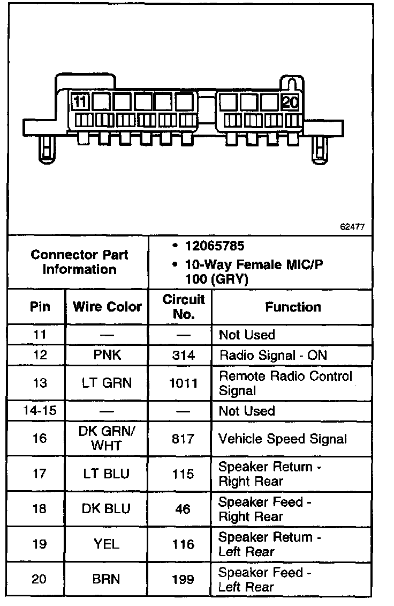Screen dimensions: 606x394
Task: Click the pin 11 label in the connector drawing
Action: (x=80, y=102)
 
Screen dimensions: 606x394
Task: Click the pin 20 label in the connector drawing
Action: (x=290, y=102)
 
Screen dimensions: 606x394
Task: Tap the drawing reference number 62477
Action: (x=352, y=227)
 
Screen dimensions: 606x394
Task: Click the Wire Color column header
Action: (x=107, y=307)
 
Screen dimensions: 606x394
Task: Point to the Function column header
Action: (x=293, y=307)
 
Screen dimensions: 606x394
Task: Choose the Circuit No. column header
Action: (x=184, y=307)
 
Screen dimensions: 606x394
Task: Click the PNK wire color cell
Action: (x=107, y=355)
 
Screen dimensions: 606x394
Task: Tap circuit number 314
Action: (x=184, y=355)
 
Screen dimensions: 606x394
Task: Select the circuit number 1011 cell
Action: (x=184, y=383)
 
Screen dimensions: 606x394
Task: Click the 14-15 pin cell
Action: (x=36, y=411)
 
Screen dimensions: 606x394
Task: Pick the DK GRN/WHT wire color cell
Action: (x=107, y=438)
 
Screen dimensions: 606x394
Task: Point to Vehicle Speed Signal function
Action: (x=283, y=439)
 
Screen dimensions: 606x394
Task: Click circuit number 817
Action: (x=184, y=439)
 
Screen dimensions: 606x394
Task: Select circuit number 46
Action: (x=183, y=509)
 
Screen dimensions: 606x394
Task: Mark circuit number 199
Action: (x=184, y=579)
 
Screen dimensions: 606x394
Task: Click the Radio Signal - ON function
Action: (x=272, y=355)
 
